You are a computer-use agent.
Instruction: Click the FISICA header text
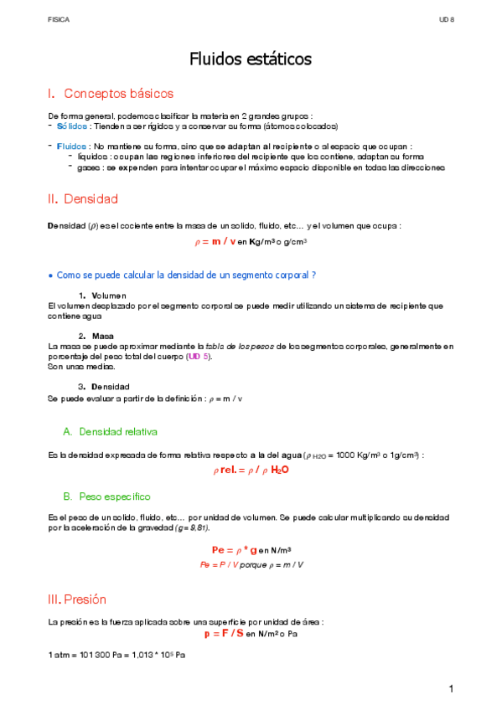[59, 18]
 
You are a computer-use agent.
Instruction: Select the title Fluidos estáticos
[251, 59]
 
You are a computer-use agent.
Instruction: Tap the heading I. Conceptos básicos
[111, 94]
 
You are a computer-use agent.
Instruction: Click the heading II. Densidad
[83, 199]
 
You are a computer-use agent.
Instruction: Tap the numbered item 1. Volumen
[101, 296]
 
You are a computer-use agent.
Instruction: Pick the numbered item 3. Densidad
[103, 387]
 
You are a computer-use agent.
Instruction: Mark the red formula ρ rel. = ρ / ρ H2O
[251, 471]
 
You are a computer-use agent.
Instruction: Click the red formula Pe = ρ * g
[234, 549]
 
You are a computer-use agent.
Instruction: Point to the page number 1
[450, 689]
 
